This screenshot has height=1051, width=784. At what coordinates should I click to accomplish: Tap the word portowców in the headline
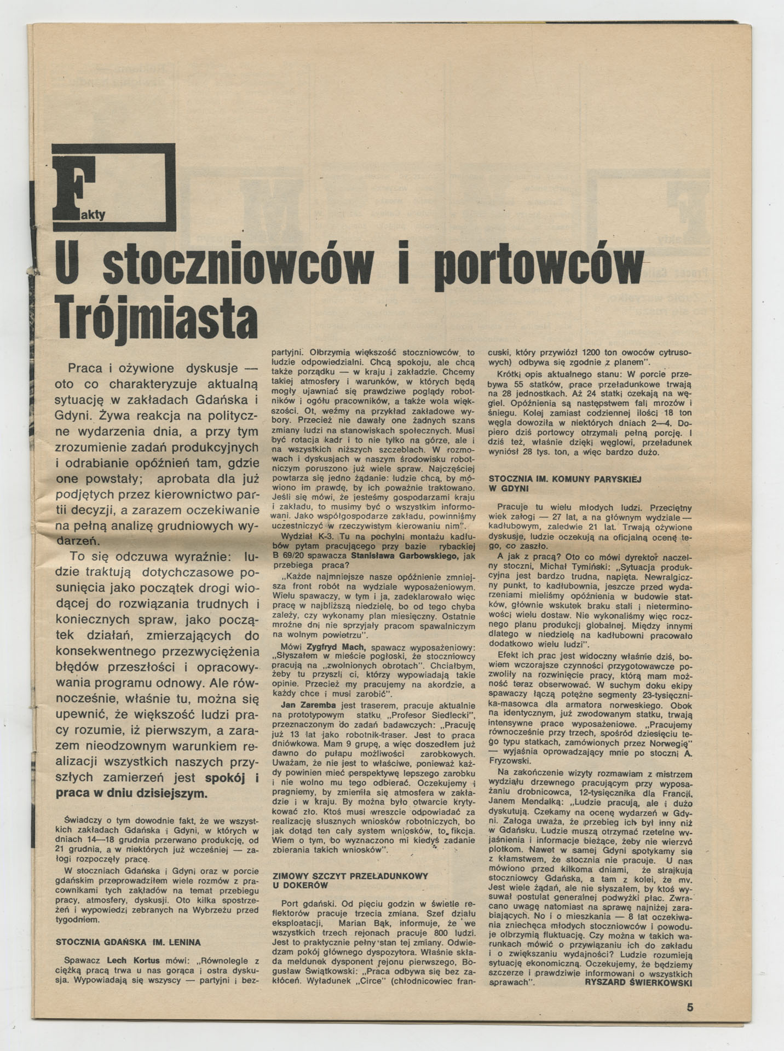tap(538, 267)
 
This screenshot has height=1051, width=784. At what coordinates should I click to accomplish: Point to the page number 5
tap(690, 1007)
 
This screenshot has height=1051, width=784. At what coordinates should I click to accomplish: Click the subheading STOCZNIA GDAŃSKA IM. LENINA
tap(129, 943)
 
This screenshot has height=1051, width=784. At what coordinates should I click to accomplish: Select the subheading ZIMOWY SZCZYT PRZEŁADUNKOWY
tap(350, 876)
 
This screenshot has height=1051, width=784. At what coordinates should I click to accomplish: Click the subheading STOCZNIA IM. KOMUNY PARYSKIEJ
tap(564, 478)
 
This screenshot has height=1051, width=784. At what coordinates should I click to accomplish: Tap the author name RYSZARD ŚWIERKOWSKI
tap(638, 982)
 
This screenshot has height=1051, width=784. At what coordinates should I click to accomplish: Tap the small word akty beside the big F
tap(93, 215)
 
